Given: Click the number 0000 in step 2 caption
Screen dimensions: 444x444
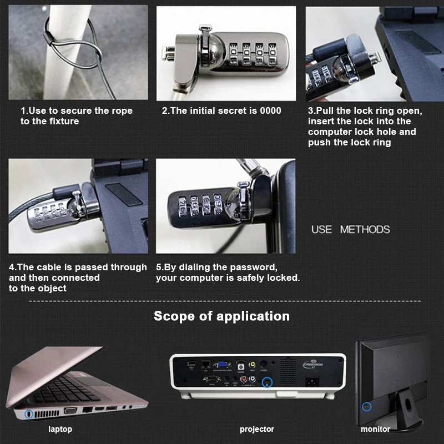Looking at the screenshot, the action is [x=271, y=110].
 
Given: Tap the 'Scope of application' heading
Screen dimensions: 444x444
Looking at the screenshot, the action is [x=221, y=316].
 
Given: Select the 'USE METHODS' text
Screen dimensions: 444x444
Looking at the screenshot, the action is [x=351, y=229].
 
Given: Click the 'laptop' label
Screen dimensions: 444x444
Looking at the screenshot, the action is [x=60, y=429].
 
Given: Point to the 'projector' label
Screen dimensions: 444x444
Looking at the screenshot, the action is [x=257, y=429].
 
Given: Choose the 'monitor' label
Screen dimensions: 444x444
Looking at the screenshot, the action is [x=376, y=429].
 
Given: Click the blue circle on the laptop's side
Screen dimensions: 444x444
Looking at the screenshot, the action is [x=28, y=414].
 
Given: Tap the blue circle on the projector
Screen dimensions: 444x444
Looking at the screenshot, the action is [x=267, y=382].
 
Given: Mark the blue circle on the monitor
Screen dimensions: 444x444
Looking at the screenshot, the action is [x=367, y=407].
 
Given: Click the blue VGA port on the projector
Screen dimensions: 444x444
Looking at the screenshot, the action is [x=222, y=364].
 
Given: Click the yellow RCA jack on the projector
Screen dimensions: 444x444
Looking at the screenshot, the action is [x=252, y=365].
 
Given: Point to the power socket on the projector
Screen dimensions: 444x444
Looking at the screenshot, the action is [x=312, y=381].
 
